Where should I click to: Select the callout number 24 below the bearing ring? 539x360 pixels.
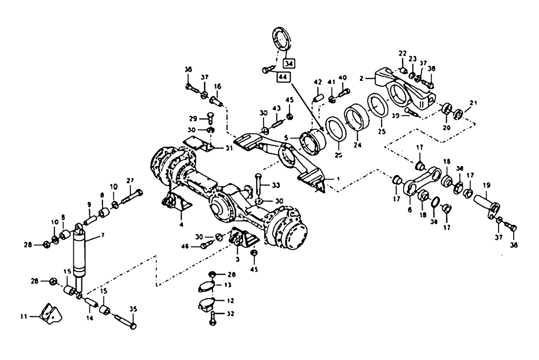tap(356, 144)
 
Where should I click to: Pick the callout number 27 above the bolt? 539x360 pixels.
tap(129, 181)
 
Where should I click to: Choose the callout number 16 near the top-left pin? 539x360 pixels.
tap(218, 86)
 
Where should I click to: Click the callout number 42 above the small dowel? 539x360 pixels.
tap(317, 82)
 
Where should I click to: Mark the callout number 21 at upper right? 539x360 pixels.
tap(473, 103)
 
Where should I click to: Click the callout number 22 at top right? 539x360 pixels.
tap(402, 54)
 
